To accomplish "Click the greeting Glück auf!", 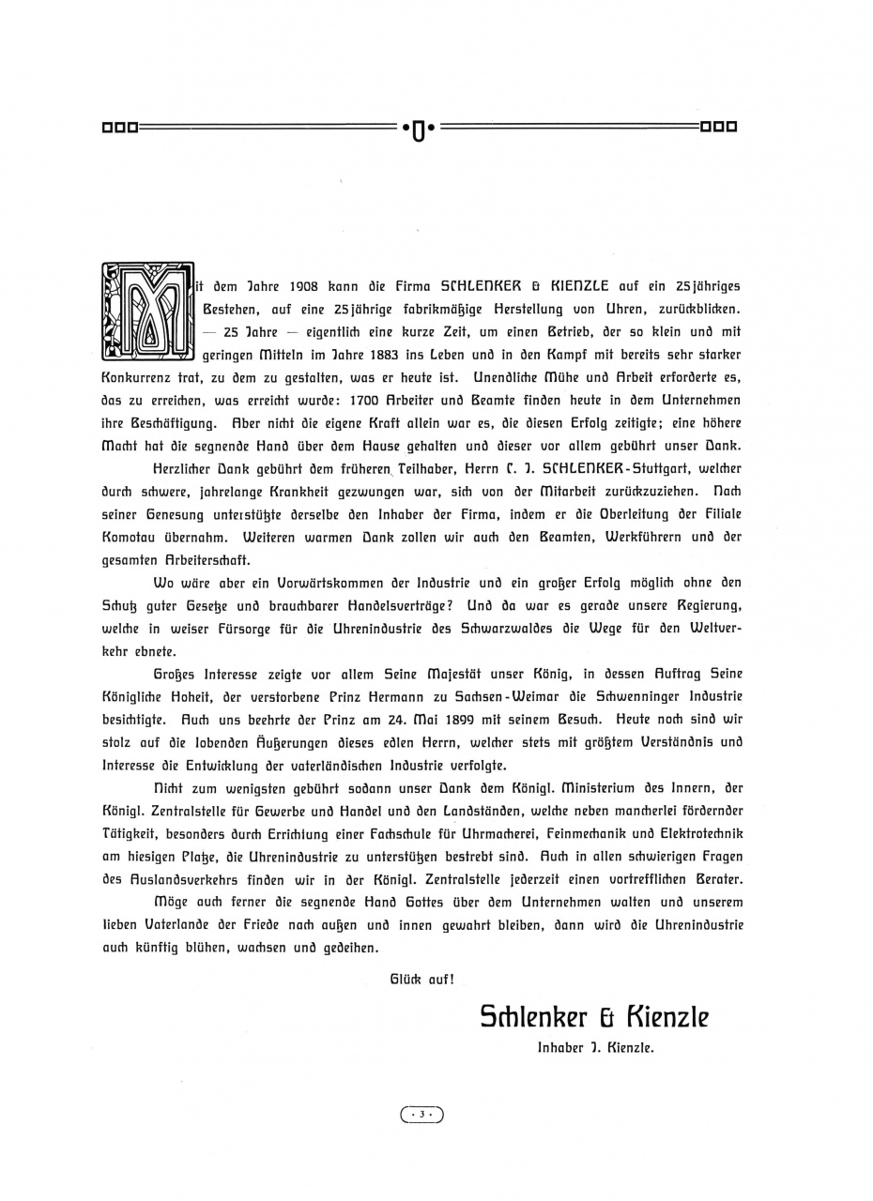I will [x=422, y=979].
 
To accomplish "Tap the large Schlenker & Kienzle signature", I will [x=594, y=1017].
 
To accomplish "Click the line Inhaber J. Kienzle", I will [x=595, y=1049].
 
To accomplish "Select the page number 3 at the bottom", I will [x=422, y=1114].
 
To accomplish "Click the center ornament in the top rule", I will [x=419, y=128].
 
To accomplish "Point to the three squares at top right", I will [x=719, y=127].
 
